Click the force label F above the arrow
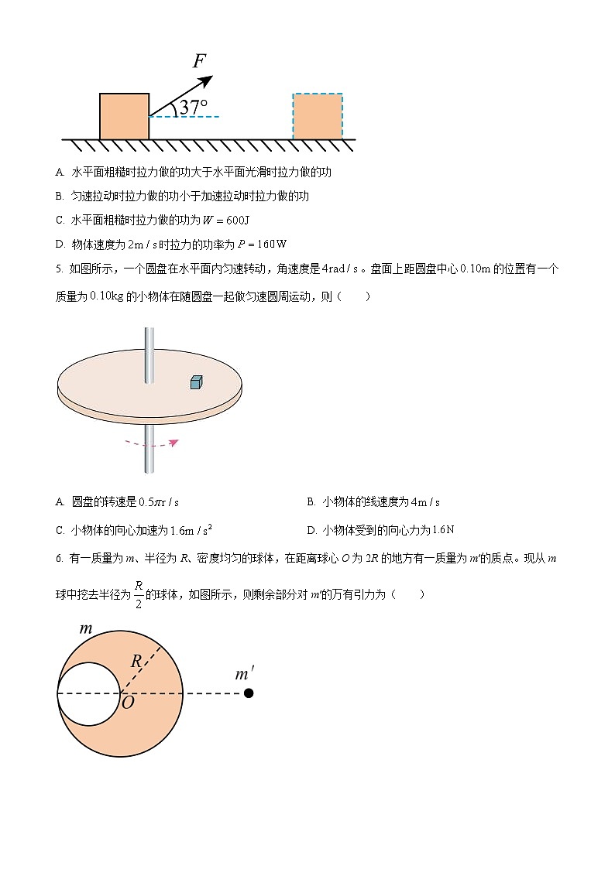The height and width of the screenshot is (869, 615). [200, 61]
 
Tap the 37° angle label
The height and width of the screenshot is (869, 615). [193, 108]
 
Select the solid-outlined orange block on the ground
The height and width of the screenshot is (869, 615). [124, 116]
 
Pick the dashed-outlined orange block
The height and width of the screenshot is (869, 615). [318, 116]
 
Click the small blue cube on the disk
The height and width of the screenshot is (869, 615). [197, 381]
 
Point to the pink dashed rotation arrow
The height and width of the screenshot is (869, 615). [152, 443]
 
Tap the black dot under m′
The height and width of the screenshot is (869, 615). [249, 693]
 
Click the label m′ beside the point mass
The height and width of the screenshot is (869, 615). [244, 675]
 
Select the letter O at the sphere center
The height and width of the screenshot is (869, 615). [128, 702]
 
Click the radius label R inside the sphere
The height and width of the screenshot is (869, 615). [136, 662]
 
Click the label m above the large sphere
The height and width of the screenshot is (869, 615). [86, 629]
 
